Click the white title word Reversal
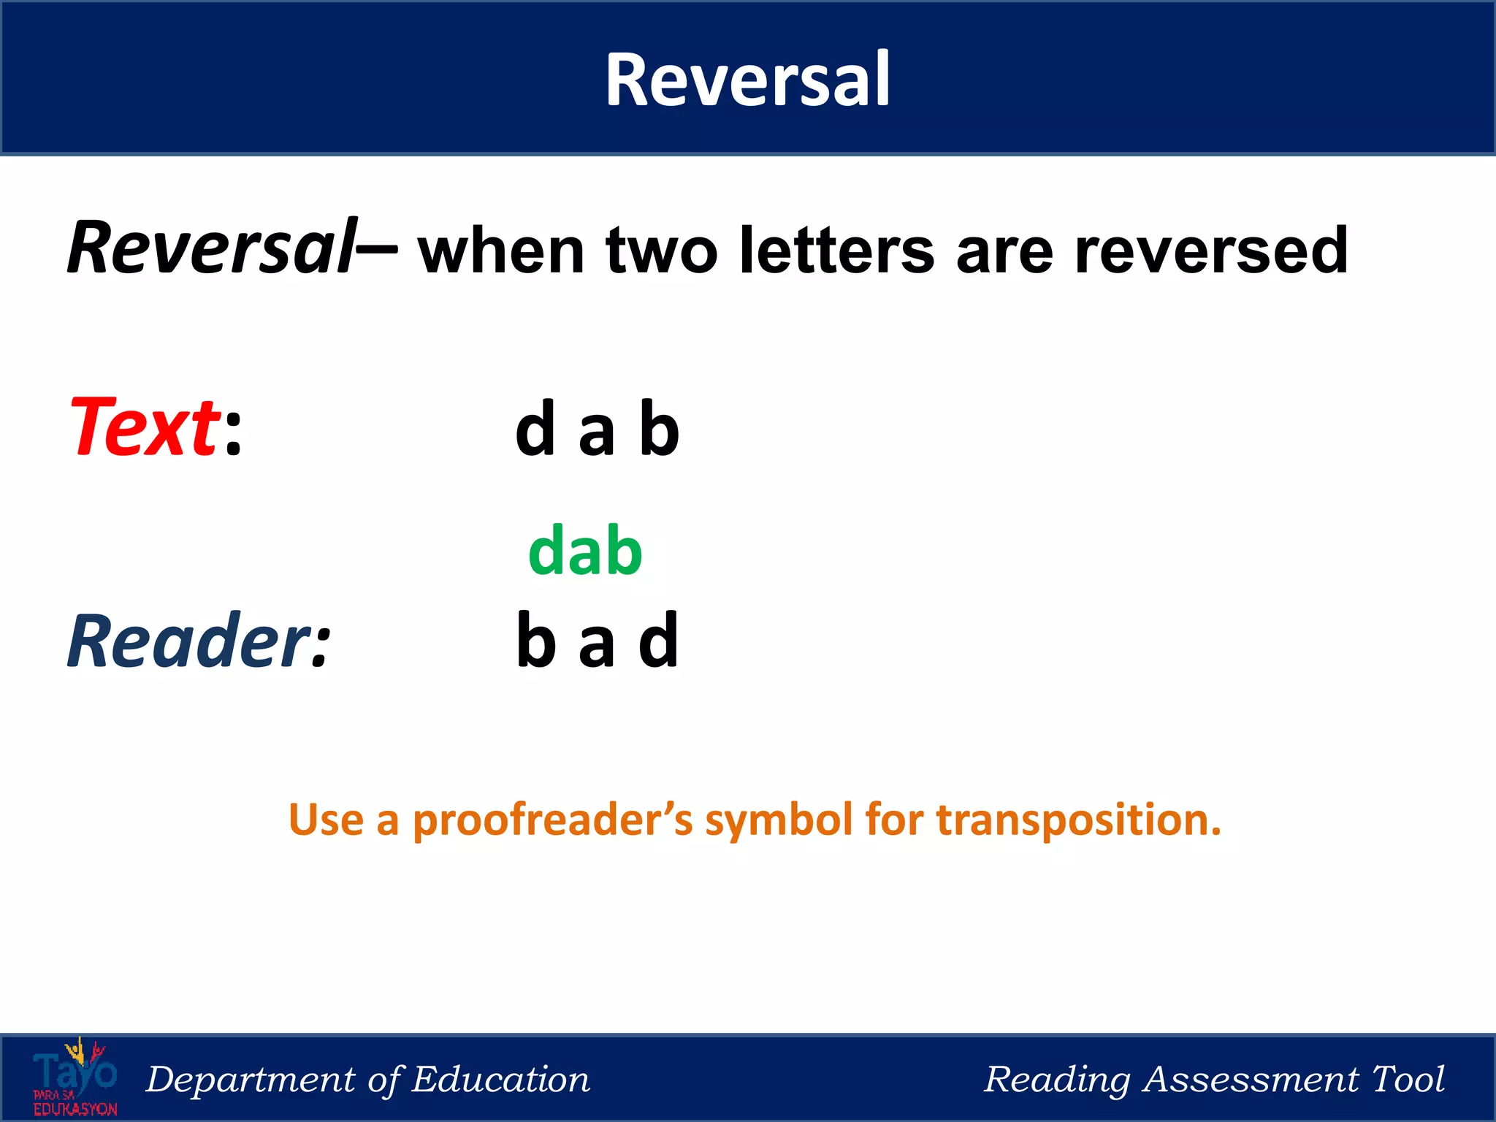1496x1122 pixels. [747, 80]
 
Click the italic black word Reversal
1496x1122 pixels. [212, 248]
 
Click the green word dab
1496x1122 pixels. [585, 551]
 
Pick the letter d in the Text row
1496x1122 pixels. [535, 430]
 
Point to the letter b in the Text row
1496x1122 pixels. [659, 430]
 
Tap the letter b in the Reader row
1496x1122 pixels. [535, 641]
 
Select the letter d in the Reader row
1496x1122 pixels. [659, 641]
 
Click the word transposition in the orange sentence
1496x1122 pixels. [1079, 820]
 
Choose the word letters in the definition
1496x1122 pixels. [836, 251]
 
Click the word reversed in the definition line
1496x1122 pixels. [1211, 251]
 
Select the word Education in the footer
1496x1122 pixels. [500, 1080]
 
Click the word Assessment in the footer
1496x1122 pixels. [1251, 1080]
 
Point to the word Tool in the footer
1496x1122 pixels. [1408, 1079]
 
